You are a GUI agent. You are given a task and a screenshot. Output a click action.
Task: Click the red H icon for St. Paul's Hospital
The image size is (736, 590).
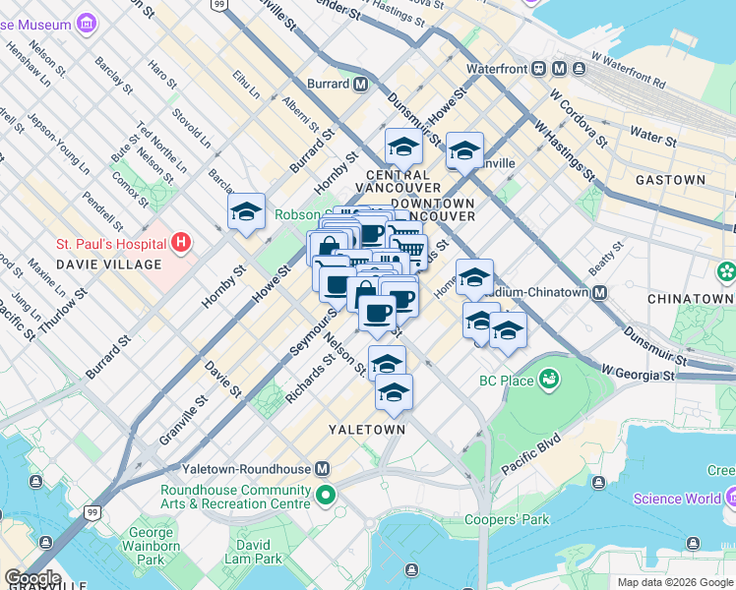pyautogui.click(x=180, y=241)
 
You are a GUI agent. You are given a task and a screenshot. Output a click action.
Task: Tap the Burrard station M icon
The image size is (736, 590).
pyautogui.click(x=361, y=85)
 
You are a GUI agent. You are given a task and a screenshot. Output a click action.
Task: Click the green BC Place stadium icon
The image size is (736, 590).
pyautogui.click(x=549, y=380)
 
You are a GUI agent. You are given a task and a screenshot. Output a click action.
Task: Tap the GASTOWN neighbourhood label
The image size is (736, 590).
pyautogui.click(x=670, y=180)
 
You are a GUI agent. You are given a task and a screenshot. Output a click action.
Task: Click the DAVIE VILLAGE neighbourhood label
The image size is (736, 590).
pyautogui.click(x=108, y=265)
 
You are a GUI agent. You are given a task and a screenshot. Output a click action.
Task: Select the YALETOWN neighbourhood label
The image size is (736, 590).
pyautogui.click(x=368, y=430)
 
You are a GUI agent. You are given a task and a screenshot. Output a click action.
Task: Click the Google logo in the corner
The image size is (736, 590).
pyautogui.click(x=31, y=578)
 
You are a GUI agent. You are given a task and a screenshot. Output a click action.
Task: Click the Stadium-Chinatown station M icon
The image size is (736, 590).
pyautogui.click(x=599, y=292)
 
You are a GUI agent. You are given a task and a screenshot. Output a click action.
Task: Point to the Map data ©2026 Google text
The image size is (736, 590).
pyautogui.click(x=675, y=582)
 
